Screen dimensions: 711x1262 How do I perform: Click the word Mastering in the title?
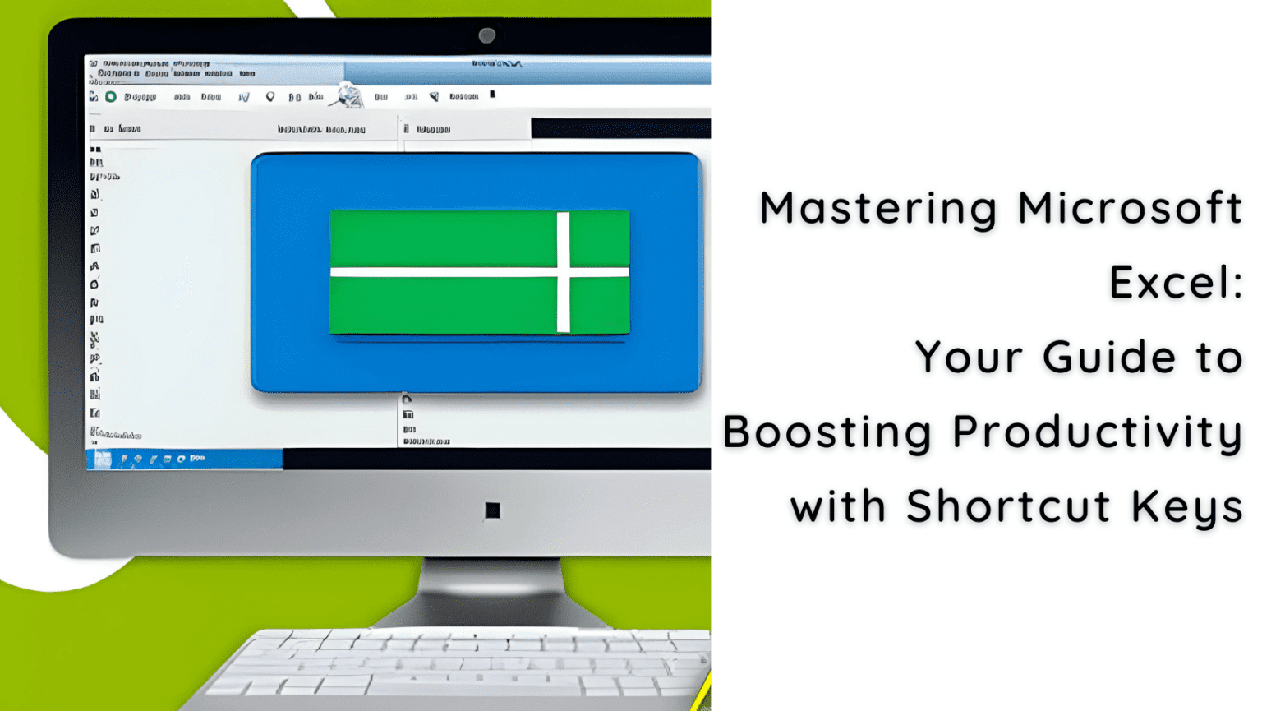(x=877, y=208)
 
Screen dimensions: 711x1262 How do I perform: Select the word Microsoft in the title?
(x=1130, y=208)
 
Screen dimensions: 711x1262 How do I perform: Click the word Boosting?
(x=827, y=432)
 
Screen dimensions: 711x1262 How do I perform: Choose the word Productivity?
(x=1097, y=432)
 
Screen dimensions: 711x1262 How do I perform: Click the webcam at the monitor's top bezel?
(x=486, y=35)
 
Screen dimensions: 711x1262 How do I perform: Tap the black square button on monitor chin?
(x=492, y=510)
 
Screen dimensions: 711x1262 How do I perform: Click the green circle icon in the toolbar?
(x=111, y=97)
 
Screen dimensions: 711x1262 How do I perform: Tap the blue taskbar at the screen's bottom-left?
(x=185, y=459)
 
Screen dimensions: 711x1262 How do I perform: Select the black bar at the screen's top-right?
(x=620, y=127)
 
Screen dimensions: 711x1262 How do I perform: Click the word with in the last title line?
(x=838, y=506)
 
